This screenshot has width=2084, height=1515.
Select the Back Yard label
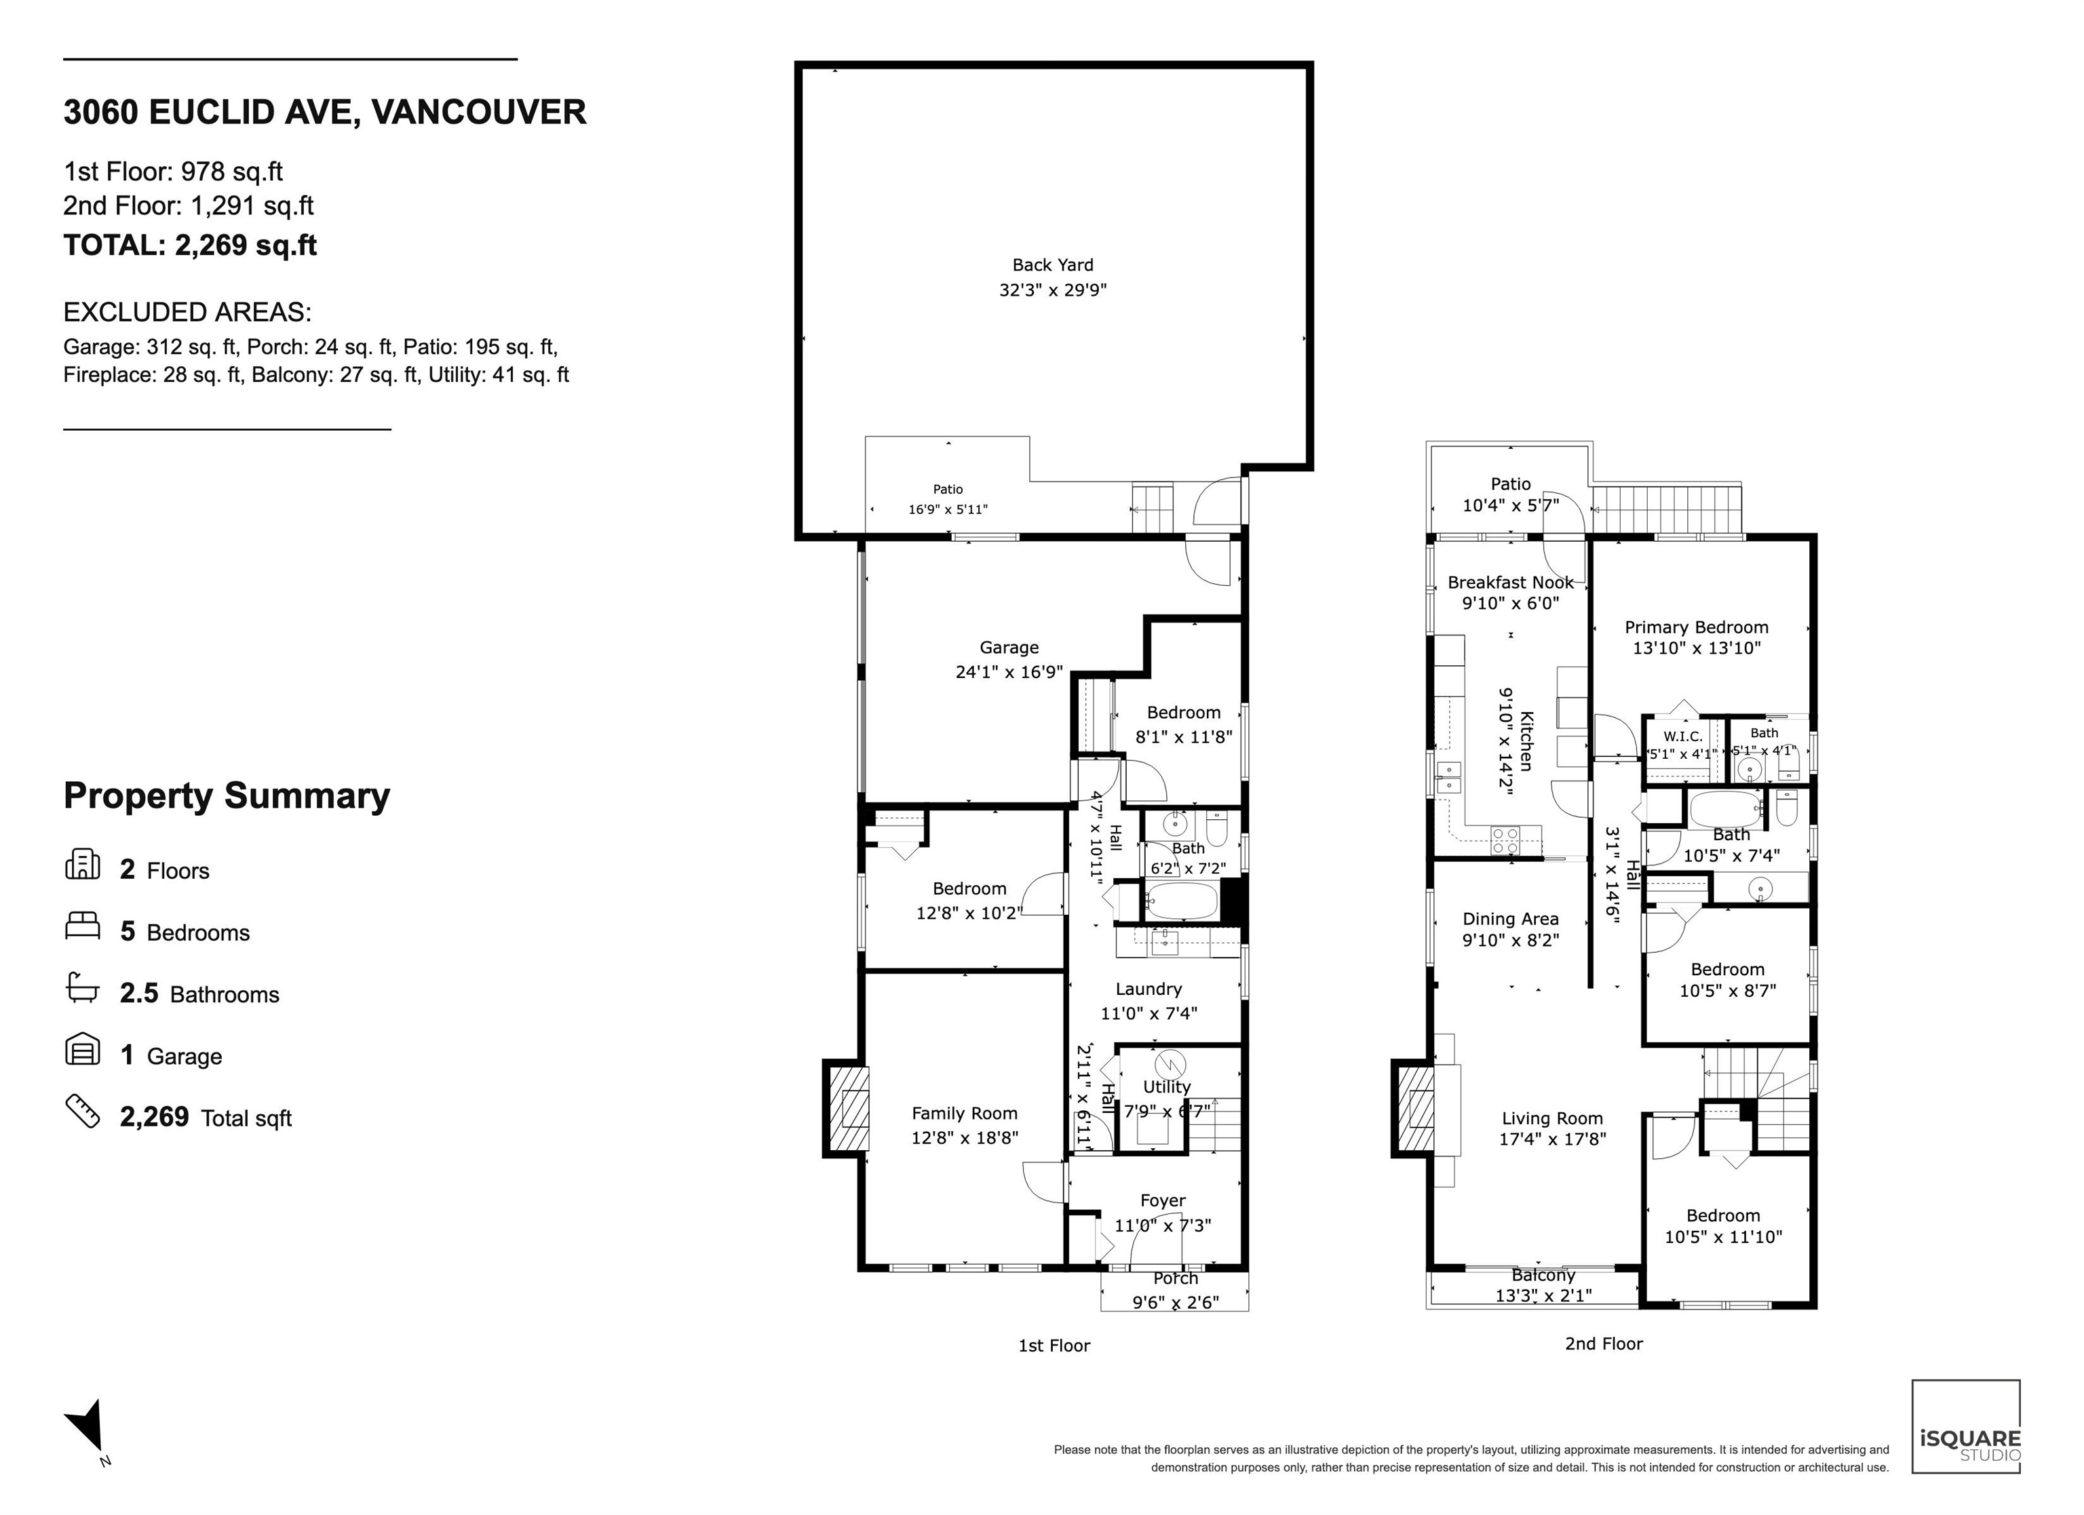[x=1053, y=264]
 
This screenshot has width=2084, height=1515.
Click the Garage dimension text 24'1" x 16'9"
[x=1009, y=671]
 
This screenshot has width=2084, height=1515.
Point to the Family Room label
[x=964, y=1114]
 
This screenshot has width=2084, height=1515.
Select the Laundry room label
[x=1149, y=989]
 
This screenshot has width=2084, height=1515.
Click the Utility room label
[x=1166, y=1087]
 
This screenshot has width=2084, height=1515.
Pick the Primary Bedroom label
[x=1696, y=627]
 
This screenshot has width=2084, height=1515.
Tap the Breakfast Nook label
[x=1511, y=583]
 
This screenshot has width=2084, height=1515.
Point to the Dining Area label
[x=1511, y=919]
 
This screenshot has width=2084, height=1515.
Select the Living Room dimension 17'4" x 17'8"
[x=1552, y=1139]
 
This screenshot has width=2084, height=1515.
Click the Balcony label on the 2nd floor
[x=1544, y=1275]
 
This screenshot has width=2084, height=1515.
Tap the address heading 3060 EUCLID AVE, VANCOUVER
[x=324, y=112]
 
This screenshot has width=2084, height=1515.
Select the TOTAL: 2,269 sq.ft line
[x=190, y=245]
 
